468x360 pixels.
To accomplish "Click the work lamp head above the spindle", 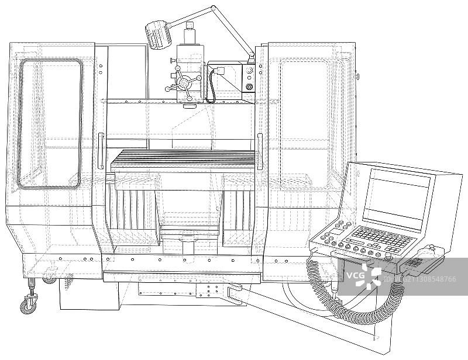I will pyautogui.click(x=159, y=35).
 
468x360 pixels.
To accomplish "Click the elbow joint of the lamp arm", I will pyautogui.click(x=213, y=9).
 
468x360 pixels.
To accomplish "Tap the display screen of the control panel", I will pyautogui.click(x=395, y=198).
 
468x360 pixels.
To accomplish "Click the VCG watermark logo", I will pyautogui.click(x=364, y=275).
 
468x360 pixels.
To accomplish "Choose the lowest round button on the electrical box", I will pyautogui.click(x=250, y=88).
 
